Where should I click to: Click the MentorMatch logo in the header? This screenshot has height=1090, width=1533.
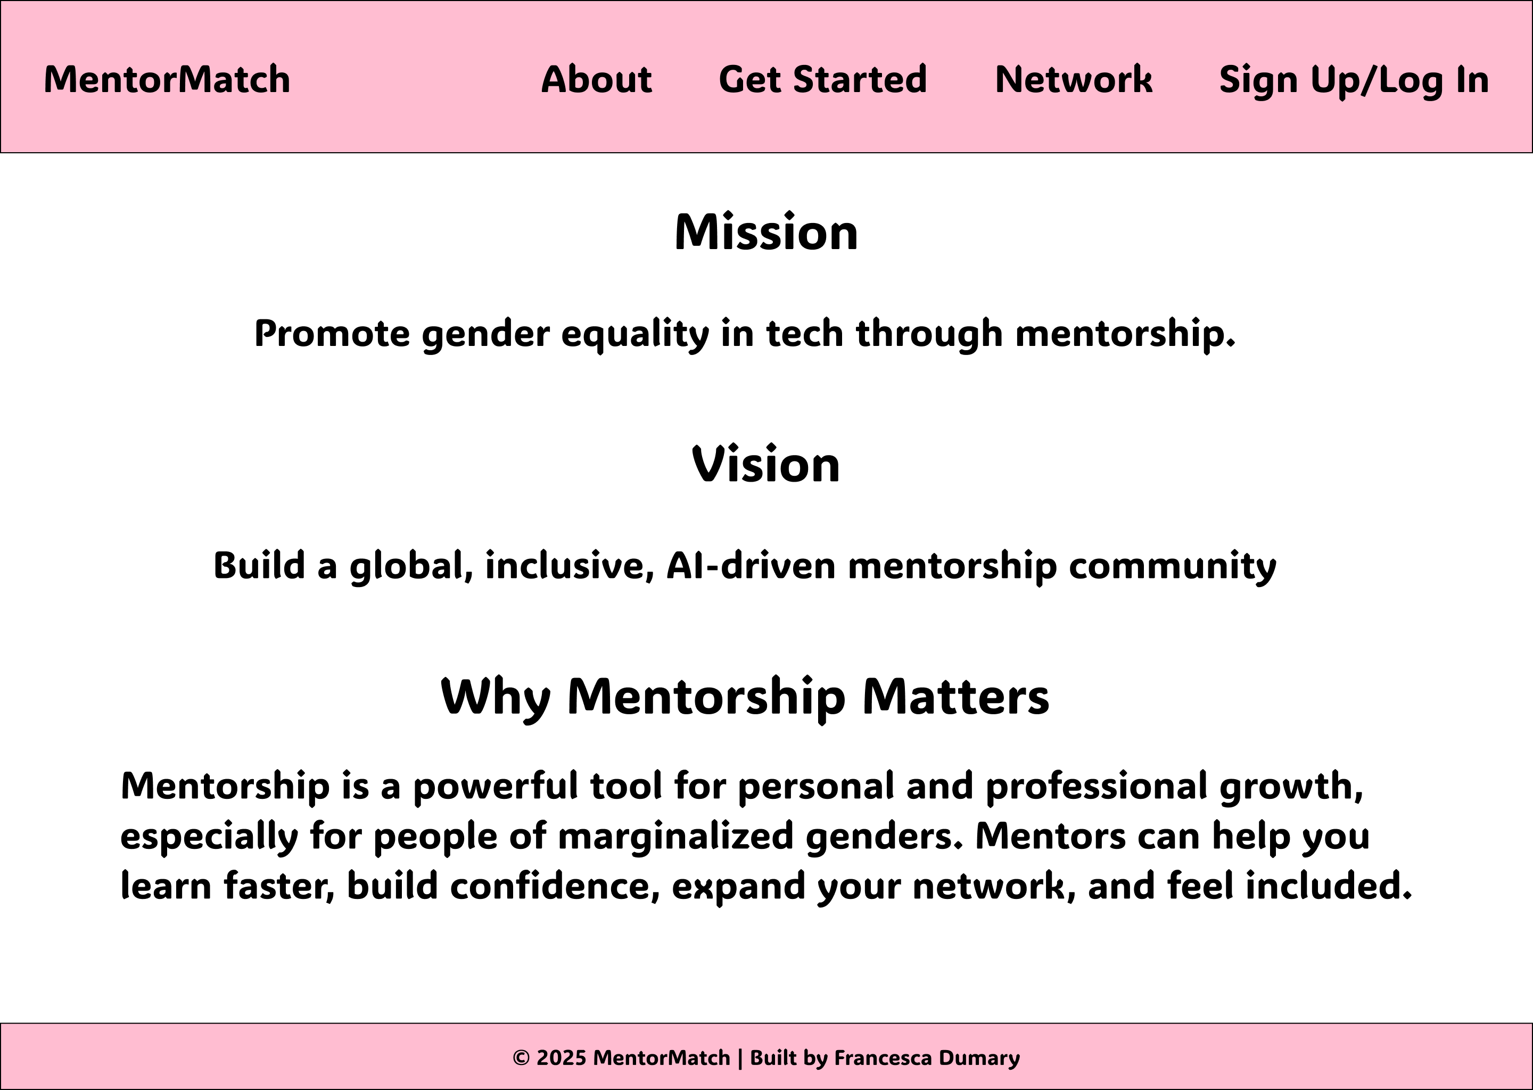(167, 79)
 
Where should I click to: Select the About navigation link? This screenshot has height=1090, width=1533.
(597, 79)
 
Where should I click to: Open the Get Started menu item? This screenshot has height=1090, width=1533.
(823, 80)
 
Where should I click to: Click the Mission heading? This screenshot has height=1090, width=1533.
(767, 232)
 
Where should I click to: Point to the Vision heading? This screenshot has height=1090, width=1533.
(766, 465)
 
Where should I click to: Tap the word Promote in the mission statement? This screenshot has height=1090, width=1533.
(332, 334)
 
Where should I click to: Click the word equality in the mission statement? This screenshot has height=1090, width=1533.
(635, 334)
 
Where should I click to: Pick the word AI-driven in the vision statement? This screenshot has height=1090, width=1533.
(751, 565)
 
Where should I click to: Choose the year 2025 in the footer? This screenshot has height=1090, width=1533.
(561, 1058)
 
